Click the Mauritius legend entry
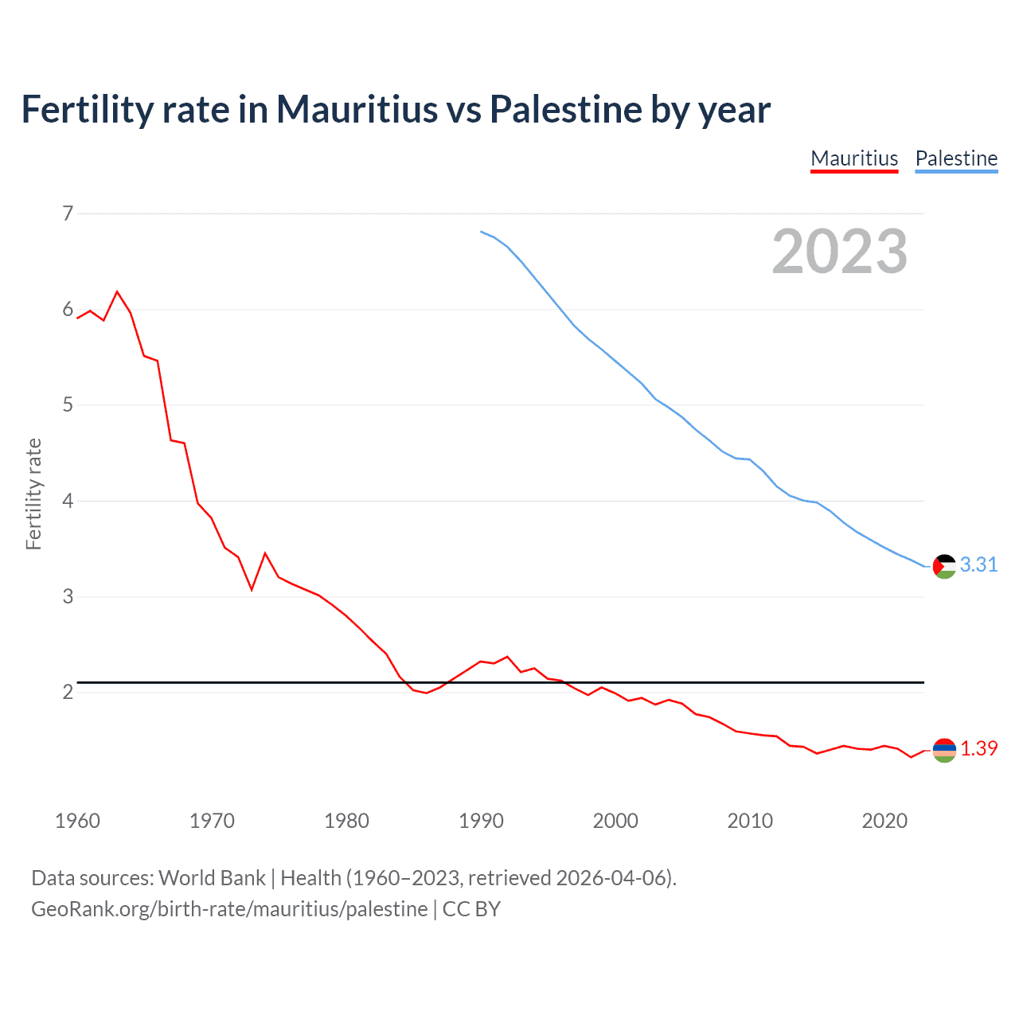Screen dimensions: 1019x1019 point(854,158)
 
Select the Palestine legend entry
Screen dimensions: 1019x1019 point(956,158)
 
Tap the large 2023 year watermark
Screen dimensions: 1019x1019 point(839,252)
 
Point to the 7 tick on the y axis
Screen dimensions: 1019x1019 point(68,213)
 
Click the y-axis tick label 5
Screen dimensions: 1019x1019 point(68,405)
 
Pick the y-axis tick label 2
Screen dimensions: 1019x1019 point(68,693)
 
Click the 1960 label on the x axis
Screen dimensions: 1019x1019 point(77,821)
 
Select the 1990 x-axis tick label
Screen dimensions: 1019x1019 point(481,821)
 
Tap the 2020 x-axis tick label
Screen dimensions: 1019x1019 point(884,821)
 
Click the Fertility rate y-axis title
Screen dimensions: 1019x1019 point(33,494)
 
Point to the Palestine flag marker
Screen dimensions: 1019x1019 point(944,566)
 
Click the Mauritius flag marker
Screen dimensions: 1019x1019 point(944,750)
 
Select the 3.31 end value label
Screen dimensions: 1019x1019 point(978,565)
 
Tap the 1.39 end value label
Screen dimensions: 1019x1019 point(978,749)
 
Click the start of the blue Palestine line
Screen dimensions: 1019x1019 point(481,232)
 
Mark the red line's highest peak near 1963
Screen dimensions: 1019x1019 point(118,291)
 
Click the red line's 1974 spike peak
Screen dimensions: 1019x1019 point(265,553)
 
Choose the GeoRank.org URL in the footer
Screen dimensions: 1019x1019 point(229,909)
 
